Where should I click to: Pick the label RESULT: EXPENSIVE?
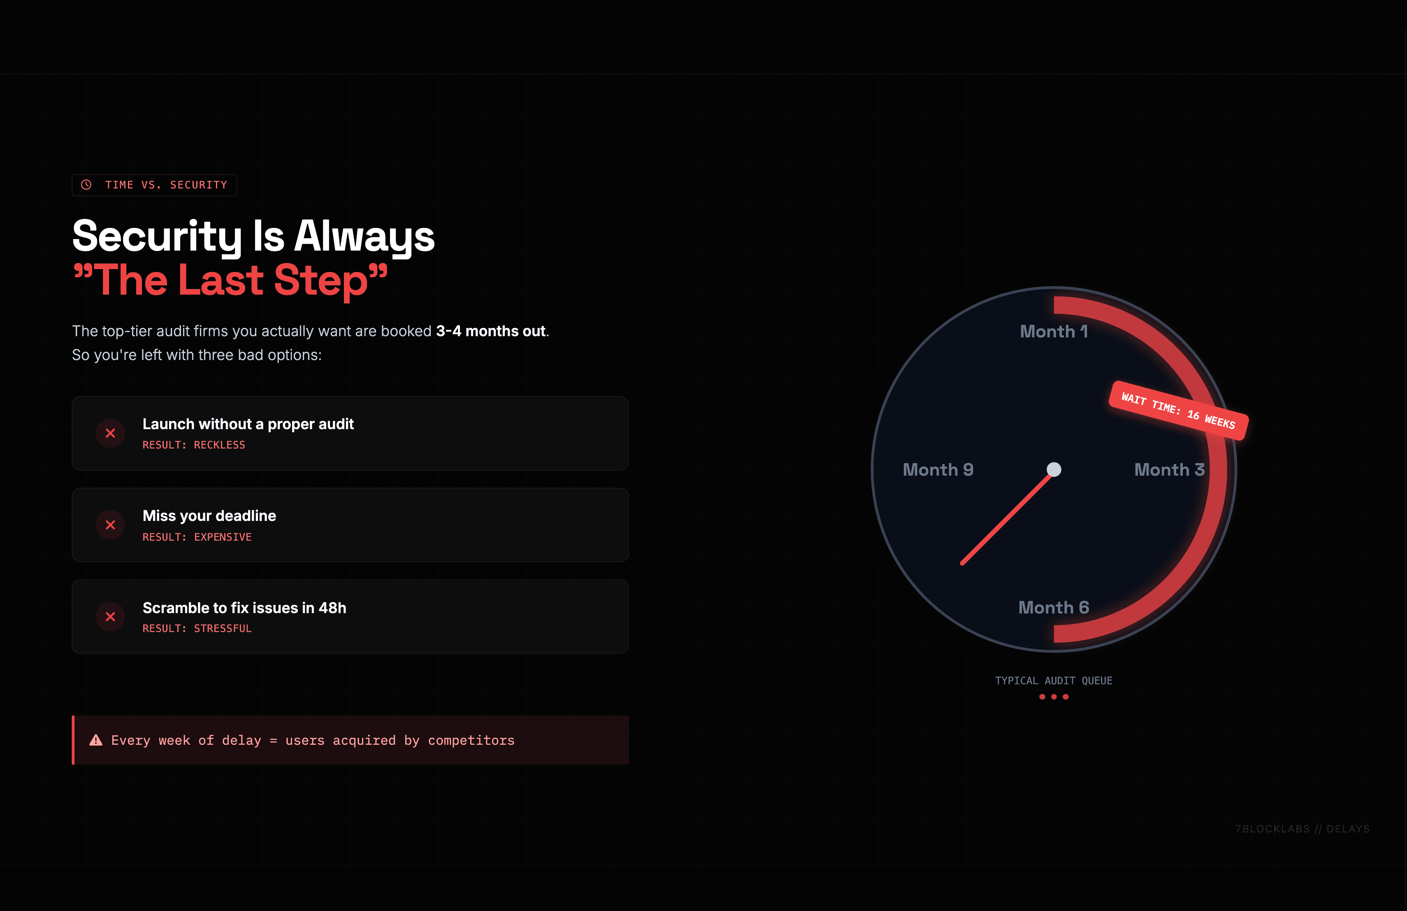tap(197, 537)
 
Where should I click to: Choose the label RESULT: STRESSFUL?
tap(197, 628)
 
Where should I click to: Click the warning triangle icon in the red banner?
tap(96, 740)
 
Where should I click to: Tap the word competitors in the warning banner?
tap(471, 740)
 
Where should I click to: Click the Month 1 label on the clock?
tap(1054, 332)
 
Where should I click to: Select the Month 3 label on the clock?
tap(1169, 470)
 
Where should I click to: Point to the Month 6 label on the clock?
tap(1054, 608)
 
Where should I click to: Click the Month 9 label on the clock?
tap(938, 470)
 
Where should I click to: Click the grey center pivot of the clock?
tap(1054, 469)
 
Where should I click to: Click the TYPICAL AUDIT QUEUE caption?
tap(1054, 681)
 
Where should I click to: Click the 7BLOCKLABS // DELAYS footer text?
tap(1303, 829)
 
